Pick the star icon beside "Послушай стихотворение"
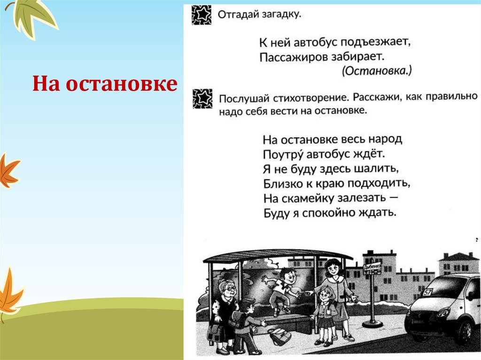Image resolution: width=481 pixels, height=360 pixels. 202,99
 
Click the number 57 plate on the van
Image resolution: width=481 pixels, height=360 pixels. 428,291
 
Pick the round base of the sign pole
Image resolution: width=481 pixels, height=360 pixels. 372,323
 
